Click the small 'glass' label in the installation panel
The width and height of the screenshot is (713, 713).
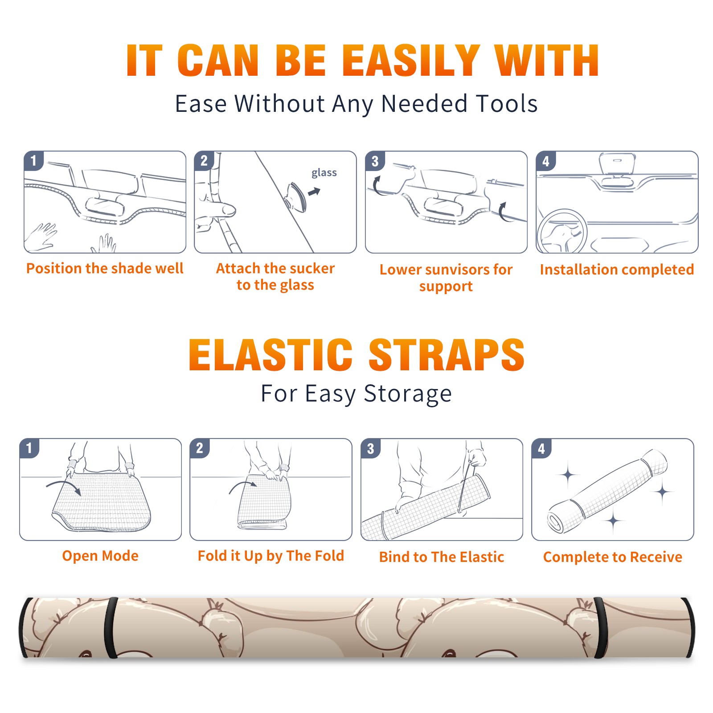(324, 173)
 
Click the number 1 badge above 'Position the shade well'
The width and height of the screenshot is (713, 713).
(34, 160)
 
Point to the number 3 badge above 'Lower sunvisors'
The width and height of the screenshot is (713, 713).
(375, 161)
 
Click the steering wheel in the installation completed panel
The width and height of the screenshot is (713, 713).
(561, 232)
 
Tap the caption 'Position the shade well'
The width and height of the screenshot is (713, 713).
(105, 268)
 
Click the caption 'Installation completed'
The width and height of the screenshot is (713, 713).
(617, 270)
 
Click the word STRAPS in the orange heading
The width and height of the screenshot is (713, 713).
(447, 355)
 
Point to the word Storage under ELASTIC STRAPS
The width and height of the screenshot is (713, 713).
(408, 394)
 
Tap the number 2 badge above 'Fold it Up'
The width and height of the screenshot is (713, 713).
(200, 448)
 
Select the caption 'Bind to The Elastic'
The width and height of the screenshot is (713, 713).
(442, 557)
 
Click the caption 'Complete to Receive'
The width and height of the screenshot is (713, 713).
(613, 557)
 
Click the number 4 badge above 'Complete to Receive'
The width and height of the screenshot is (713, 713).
(541, 448)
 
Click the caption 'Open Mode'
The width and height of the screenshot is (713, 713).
(100, 556)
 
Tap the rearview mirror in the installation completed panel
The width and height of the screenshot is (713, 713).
(617, 164)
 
